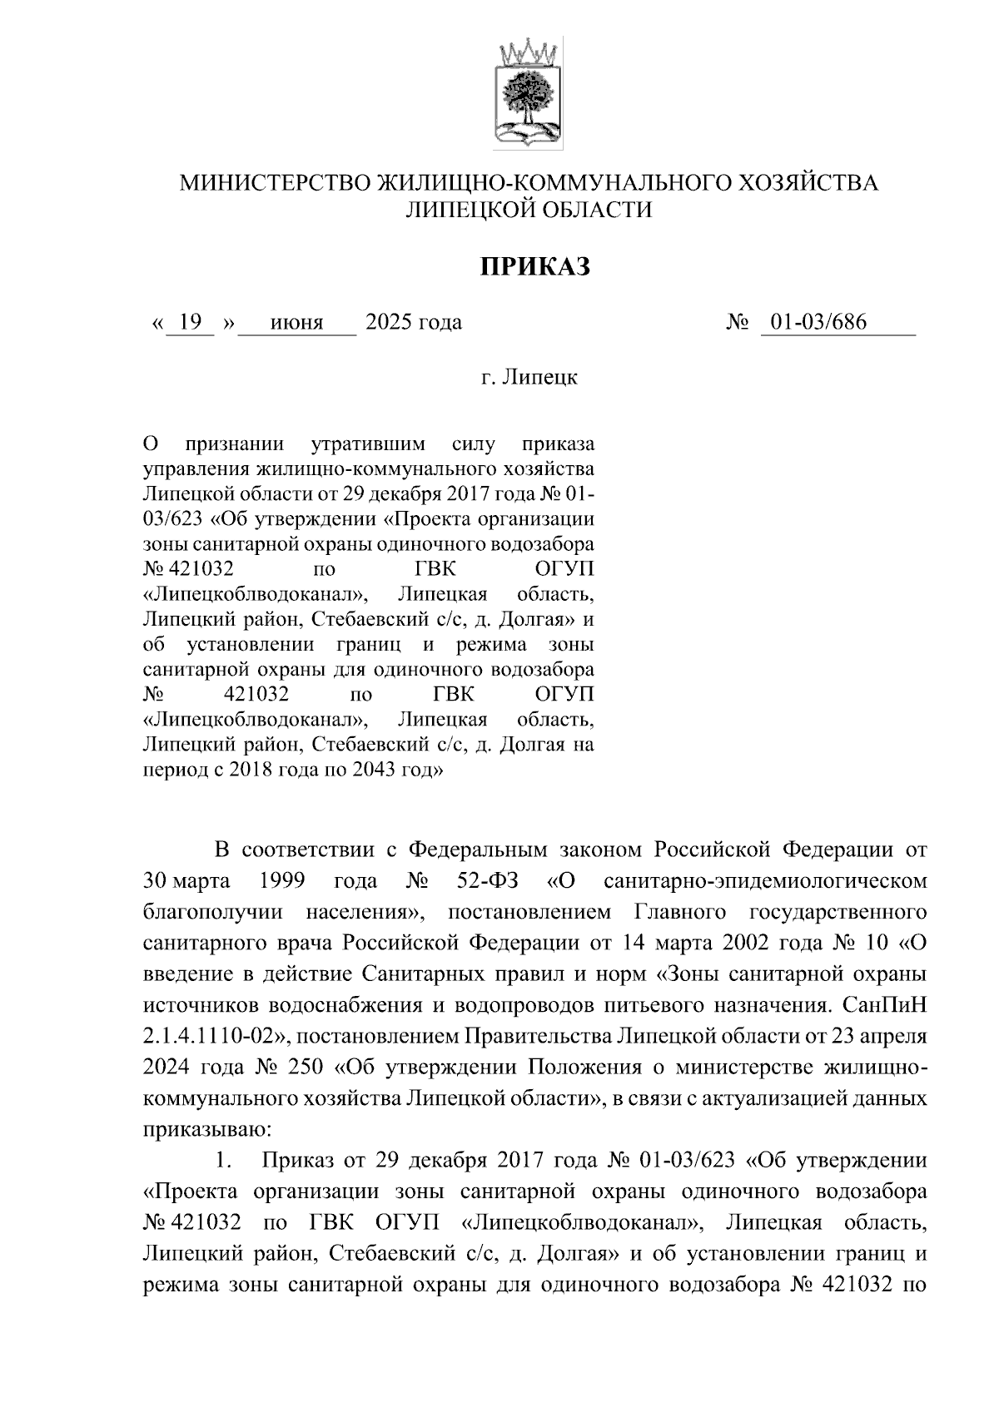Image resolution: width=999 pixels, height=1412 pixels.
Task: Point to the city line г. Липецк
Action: click(x=529, y=377)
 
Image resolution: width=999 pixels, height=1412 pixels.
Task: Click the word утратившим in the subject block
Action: click(x=367, y=442)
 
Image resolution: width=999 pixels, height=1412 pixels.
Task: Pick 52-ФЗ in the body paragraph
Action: click(x=489, y=880)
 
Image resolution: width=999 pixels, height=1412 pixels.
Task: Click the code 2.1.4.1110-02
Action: click(x=216, y=1036)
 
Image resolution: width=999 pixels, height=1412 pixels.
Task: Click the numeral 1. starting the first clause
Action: click(x=222, y=1160)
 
